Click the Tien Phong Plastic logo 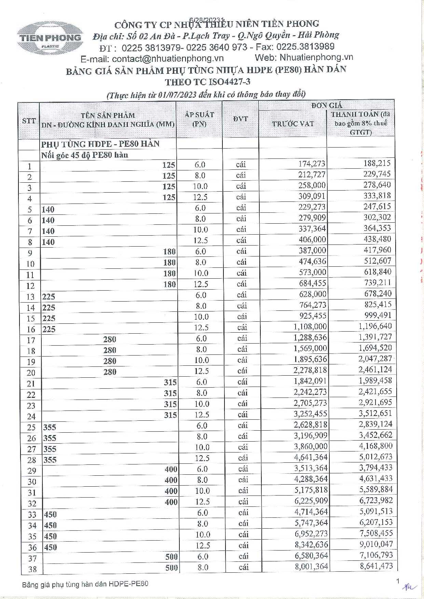(50, 38)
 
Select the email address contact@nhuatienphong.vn (168, 59)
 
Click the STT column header (29, 121)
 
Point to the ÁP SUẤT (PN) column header (199, 119)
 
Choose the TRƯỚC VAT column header (293, 124)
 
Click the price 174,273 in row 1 (312, 164)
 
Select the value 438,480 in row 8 (377, 239)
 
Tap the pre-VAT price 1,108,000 (310, 327)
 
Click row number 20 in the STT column (31, 373)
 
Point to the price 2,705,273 (310, 403)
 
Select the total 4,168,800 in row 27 (376, 446)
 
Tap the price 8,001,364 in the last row (311, 567)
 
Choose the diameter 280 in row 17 (110, 339)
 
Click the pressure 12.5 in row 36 (203, 545)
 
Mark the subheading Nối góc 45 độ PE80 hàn (85, 155)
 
